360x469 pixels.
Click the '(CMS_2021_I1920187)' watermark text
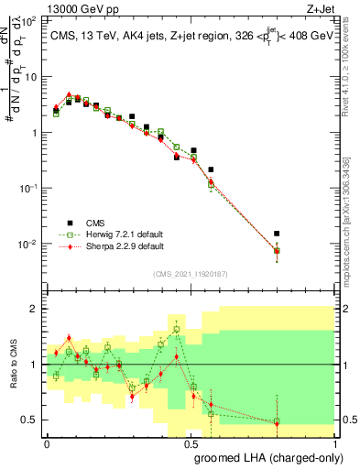point(191,273)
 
